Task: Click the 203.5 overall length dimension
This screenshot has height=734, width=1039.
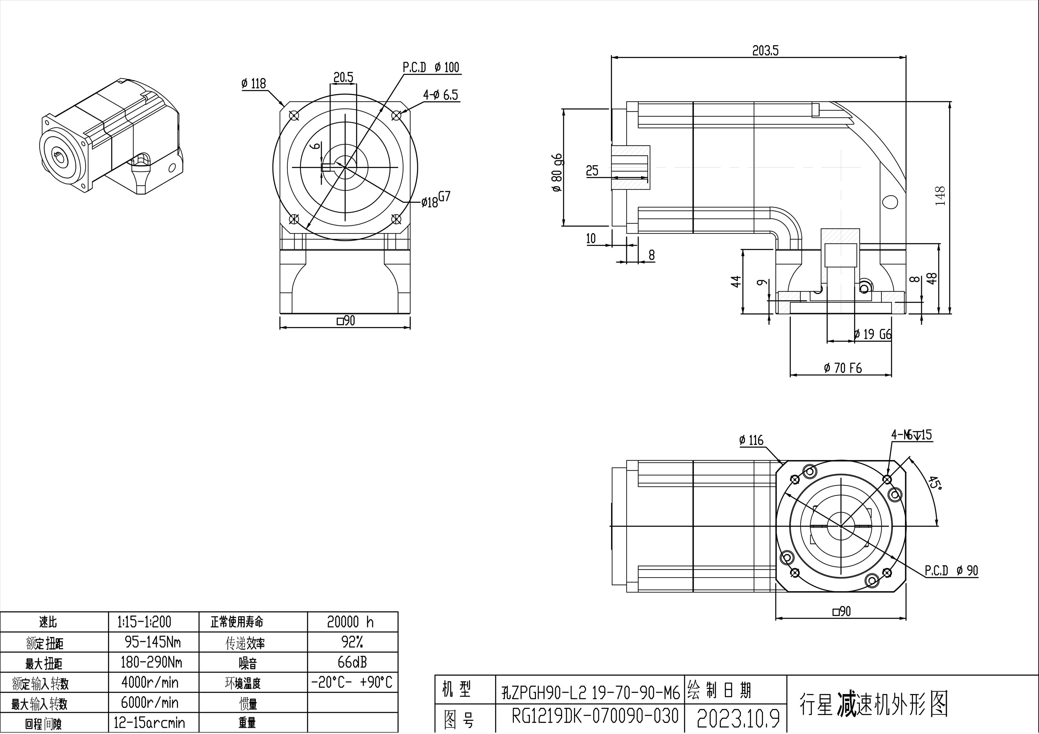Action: [765, 51]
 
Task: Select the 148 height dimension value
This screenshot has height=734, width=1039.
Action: [940, 196]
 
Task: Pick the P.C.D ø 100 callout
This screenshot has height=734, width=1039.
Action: [431, 67]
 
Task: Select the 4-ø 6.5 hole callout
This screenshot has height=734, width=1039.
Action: [440, 95]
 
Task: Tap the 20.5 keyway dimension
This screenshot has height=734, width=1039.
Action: [343, 78]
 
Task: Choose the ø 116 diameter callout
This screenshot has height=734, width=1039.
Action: [751, 440]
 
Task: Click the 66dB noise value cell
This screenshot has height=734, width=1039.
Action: [352, 663]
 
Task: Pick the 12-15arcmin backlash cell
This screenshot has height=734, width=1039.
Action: [149, 723]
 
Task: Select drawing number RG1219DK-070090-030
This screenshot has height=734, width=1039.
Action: [595, 716]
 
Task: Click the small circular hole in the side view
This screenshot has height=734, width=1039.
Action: [889, 201]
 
